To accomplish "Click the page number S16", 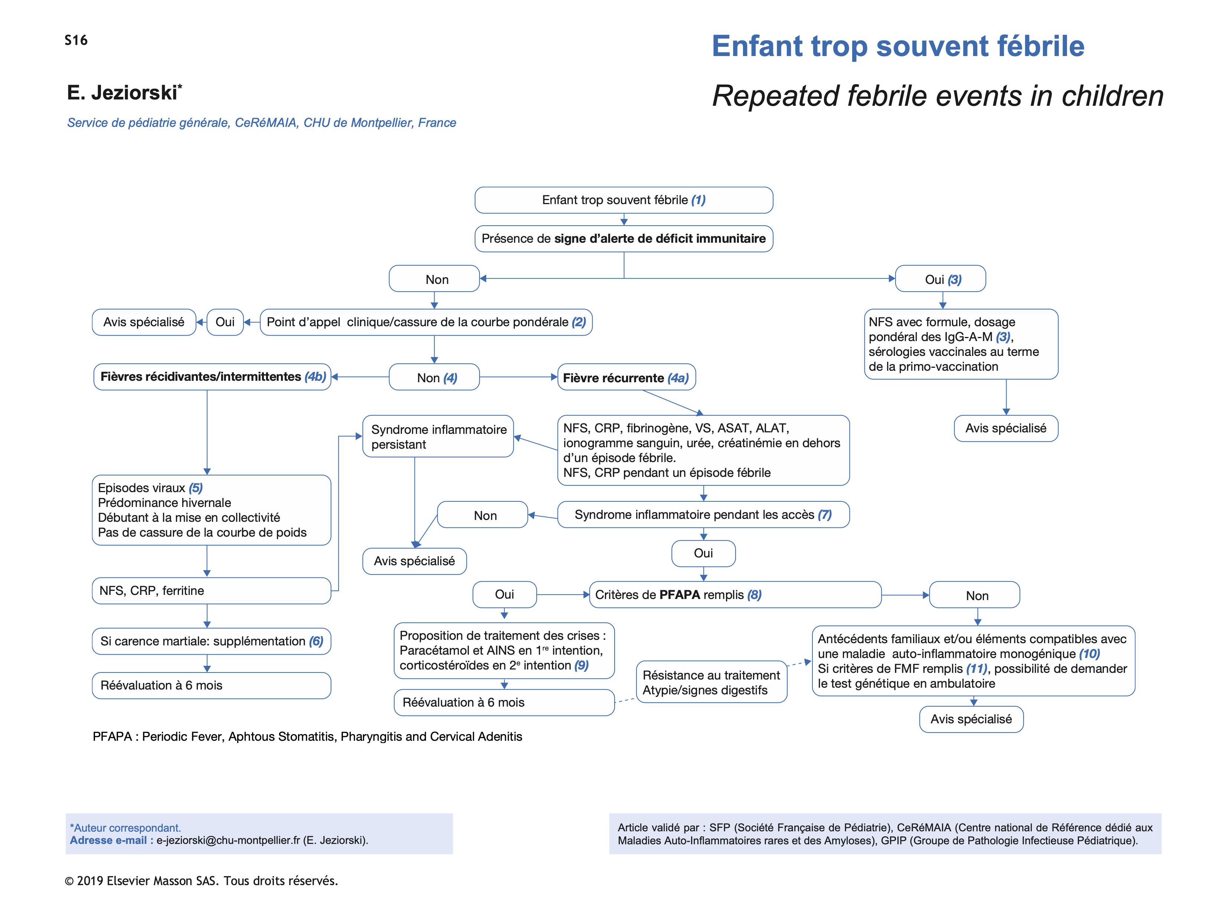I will (x=76, y=40).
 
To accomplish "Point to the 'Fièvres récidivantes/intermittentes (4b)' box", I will (x=212, y=377).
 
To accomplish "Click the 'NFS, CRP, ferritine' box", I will (x=211, y=590).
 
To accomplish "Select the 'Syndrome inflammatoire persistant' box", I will (x=438, y=436).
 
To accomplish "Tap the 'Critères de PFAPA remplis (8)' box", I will (x=734, y=595).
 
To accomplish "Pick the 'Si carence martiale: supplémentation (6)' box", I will (x=211, y=641).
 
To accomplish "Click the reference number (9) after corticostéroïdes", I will (x=581, y=665).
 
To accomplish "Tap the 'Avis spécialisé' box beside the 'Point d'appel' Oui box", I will (x=144, y=322).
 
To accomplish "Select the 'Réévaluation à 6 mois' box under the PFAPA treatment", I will (x=504, y=702).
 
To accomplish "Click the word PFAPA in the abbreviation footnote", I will (x=112, y=736).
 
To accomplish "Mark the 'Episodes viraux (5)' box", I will (x=211, y=510).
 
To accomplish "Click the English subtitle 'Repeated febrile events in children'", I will (x=938, y=96).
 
